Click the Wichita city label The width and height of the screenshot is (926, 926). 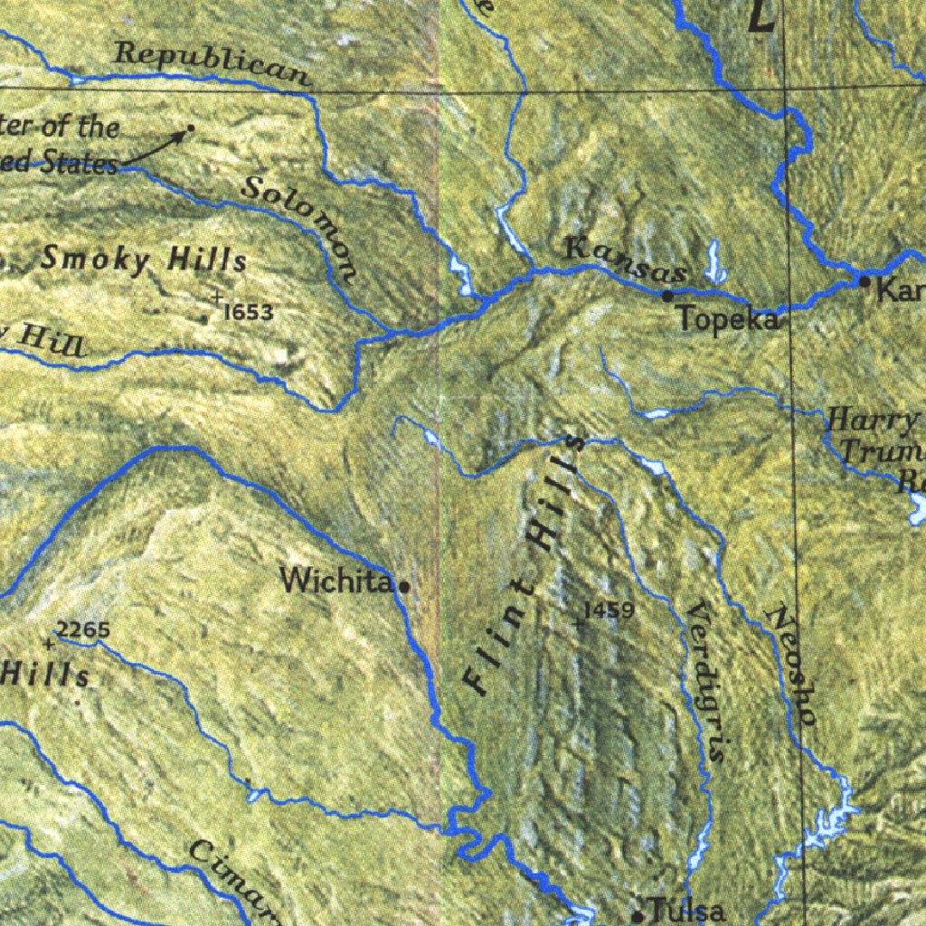[x=335, y=580]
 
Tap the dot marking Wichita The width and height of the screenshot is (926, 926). [x=404, y=586]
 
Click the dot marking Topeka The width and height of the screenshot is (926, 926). [x=667, y=296]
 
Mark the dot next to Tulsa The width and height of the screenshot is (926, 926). [x=638, y=916]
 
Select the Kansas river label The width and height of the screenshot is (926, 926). [x=625, y=259]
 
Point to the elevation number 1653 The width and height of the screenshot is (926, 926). [x=248, y=313]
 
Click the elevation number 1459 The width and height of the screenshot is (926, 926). [x=609, y=610]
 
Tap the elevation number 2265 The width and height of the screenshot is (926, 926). [x=82, y=629]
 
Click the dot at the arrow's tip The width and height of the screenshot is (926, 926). [x=190, y=128]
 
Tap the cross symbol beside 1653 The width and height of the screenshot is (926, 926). [x=217, y=298]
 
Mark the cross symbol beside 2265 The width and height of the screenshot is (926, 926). [x=48, y=644]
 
